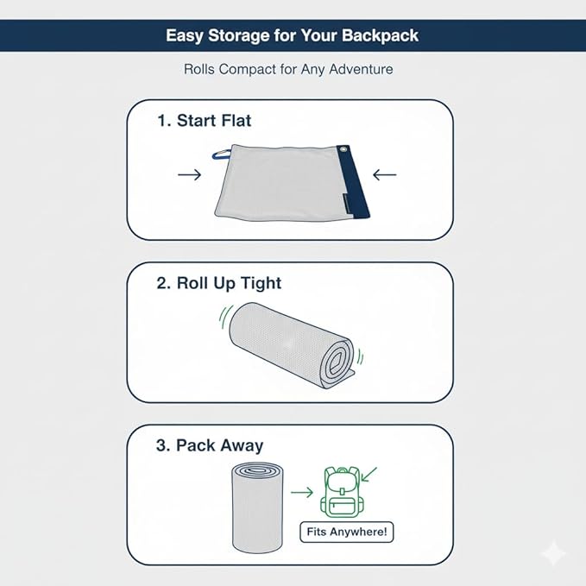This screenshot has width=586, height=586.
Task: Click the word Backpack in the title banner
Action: pos(380,36)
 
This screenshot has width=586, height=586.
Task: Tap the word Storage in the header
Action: pos(238,36)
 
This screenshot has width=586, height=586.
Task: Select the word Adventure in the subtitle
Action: pos(361,69)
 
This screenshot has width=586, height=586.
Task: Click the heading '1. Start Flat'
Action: pos(204,121)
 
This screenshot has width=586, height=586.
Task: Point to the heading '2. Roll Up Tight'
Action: pos(219,284)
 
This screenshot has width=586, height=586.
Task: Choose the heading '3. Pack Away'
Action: pos(210,445)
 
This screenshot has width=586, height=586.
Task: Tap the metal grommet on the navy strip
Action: pos(343,149)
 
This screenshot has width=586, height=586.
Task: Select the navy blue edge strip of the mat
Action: pos(352,181)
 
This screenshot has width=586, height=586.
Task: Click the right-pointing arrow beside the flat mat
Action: pos(190,174)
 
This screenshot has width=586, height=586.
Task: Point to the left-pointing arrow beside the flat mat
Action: pos(385,174)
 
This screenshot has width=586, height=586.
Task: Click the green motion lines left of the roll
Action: pos(224,317)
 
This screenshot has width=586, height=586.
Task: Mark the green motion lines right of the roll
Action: pos(360,356)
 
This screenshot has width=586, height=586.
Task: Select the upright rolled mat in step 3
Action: pos(257,507)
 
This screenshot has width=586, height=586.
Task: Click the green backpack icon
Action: pos(340,492)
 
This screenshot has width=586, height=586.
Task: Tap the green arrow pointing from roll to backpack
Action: pos(302,492)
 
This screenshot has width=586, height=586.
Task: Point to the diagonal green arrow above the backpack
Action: pos(369,475)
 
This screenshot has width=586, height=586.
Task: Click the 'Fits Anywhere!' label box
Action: pos(347,532)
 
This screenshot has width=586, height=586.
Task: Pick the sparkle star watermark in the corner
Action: pos(555,553)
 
